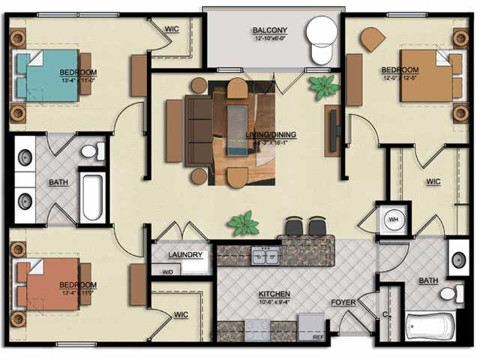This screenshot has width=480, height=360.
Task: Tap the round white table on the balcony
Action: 323,32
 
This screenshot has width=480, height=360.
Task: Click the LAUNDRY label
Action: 185,255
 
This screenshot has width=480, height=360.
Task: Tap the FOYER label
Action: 343,303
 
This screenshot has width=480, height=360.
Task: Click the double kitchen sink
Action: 265,258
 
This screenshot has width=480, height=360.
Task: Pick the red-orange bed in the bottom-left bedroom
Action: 51,284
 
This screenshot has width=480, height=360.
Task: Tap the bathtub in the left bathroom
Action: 91,197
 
